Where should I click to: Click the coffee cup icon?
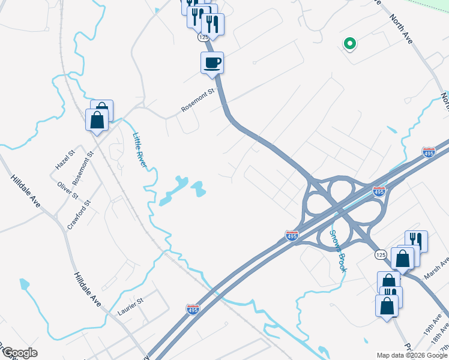(211, 63)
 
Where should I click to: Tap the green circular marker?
(349, 43)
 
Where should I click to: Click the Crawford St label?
(79, 215)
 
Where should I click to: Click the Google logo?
(19, 353)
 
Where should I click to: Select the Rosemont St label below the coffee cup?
(198, 101)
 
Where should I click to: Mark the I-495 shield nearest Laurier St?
(193, 308)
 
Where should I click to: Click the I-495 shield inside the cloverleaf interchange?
(378, 191)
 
